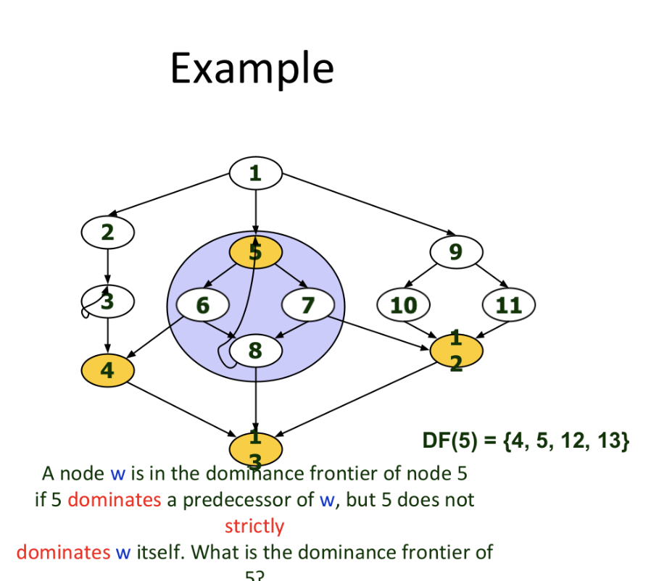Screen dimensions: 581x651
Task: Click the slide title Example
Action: coord(252,69)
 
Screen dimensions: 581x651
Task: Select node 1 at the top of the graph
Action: coord(255,173)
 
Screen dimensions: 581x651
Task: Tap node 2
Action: coord(107,233)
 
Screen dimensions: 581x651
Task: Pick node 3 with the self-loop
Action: coord(108,301)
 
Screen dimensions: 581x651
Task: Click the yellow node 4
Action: coord(107,370)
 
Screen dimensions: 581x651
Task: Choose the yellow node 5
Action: coord(255,251)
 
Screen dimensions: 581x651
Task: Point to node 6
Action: coord(202,305)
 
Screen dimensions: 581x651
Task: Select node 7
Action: coord(307,305)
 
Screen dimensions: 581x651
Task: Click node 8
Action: coord(255,351)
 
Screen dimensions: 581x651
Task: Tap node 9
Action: coord(455,251)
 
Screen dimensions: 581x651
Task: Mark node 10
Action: coord(404,305)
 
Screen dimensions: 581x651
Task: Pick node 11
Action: coord(509,305)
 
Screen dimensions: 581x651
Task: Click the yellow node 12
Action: coord(456,351)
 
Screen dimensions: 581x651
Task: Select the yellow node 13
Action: coord(255,449)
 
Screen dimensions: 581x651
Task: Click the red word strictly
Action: coord(254,526)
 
